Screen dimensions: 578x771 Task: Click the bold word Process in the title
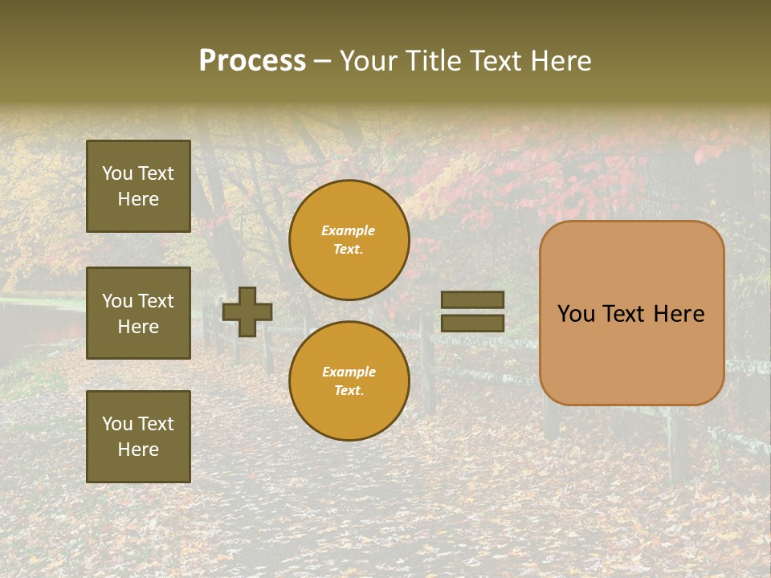coord(252,61)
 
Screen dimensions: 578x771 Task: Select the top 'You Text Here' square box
coord(138,186)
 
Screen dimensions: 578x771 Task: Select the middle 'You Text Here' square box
coord(138,313)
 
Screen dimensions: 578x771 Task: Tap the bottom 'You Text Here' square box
coord(138,436)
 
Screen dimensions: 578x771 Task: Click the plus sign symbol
coord(247,311)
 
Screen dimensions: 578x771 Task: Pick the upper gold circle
coord(349,239)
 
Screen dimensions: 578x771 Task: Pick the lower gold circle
coord(349,381)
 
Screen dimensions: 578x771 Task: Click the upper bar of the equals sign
coord(472,299)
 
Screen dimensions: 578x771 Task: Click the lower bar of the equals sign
coord(472,323)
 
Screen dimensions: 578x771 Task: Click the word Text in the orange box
coord(626,314)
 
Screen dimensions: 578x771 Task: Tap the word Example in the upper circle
coord(349,230)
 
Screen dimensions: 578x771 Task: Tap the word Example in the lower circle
coord(349,372)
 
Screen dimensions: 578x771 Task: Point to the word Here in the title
coord(562,61)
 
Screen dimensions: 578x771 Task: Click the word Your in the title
coord(369,61)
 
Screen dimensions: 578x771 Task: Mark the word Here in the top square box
coord(138,199)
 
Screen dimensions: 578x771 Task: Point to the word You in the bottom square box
coord(116,423)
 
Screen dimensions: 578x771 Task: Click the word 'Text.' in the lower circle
coord(349,390)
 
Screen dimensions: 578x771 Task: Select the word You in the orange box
coord(576,314)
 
